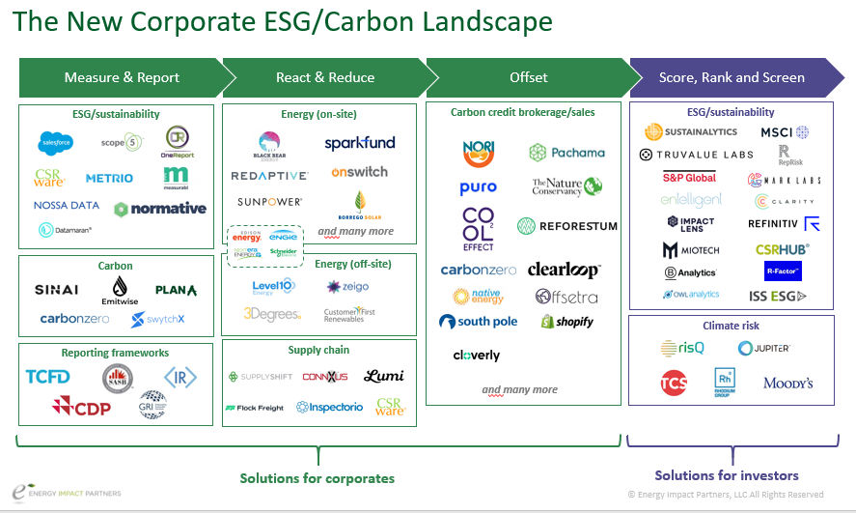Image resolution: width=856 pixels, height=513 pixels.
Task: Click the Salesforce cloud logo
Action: [x=56, y=143]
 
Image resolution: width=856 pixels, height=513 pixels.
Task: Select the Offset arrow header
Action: [x=528, y=77]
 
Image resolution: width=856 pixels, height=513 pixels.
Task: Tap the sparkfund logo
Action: [x=359, y=143]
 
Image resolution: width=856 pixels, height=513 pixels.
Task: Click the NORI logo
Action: [x=478, y=152]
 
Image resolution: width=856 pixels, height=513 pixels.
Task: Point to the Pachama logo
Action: [x=566, y=152]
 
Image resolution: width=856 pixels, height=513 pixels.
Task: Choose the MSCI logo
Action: [x=784, y=131]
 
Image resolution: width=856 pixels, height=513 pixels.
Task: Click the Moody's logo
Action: [x=787, y=383]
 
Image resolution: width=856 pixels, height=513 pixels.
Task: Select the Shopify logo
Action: [x=566, y=322]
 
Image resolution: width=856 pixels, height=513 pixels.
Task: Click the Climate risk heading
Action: [x=730, y=326]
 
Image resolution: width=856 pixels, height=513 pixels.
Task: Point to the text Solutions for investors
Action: [x=727, y=475]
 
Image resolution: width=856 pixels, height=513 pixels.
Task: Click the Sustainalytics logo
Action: [x=691, y=131]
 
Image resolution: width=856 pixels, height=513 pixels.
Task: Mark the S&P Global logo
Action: [x=689, y=178]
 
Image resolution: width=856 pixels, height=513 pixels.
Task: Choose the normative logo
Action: [x=160, y=209]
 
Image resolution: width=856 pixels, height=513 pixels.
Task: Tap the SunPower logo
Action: [x=269, y=202]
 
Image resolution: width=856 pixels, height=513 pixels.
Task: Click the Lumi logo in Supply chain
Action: [x=383, y=376]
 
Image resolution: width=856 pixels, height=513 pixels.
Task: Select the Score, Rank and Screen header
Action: [x=731, y=77]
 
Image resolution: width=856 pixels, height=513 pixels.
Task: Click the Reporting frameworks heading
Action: [x=114, y=353]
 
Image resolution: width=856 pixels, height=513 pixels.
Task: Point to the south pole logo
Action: [x=478, y=322]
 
